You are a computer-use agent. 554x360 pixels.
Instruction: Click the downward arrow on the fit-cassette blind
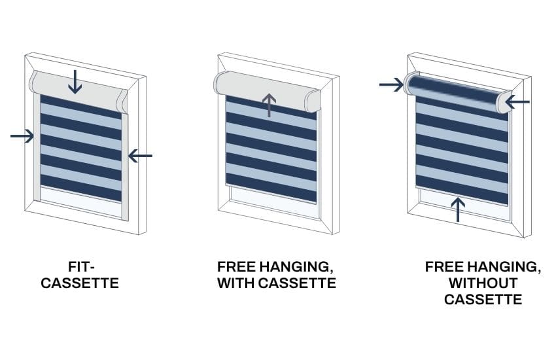tap(75, 82)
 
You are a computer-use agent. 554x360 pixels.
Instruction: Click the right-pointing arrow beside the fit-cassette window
tap(22, 135)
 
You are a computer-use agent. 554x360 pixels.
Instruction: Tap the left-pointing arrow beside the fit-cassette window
tap(140, 156)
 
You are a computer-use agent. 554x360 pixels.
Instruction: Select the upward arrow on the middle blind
tap(269, 105)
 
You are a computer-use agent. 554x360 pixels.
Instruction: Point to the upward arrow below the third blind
tap(458, 209)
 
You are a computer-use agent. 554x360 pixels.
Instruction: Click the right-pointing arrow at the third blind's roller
tap(392, 84)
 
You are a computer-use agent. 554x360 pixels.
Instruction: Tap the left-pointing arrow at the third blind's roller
tap(517, 102)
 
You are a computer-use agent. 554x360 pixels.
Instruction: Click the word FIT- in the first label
tap(82, 266)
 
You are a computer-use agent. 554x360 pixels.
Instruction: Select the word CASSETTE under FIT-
tap(80, 283)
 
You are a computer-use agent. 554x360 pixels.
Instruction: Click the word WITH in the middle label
tap(235, 283)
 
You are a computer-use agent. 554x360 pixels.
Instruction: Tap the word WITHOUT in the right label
tap(483, 283)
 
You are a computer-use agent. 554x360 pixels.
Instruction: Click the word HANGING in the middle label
tap(296, 266)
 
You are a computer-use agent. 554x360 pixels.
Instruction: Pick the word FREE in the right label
tap(443, 266)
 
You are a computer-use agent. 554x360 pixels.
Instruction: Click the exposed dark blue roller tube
tap(456, 90)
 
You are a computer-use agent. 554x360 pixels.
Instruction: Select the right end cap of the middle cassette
tap(313, 101)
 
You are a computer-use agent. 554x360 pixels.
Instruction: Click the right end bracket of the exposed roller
tap(504, 102)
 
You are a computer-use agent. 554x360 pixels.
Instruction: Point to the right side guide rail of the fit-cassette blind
tap(125, 166)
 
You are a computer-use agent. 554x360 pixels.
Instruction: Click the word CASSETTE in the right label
tap(483, 300)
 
